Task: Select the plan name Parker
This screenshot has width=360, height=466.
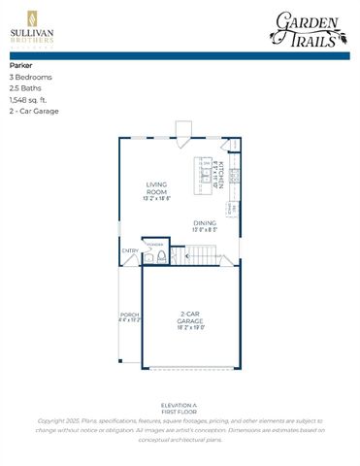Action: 20,66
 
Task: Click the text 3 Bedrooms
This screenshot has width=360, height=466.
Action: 31,77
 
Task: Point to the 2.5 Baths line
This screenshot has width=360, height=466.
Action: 25,88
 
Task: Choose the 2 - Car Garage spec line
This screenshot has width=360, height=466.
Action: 34,112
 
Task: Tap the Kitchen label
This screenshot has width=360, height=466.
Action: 221,176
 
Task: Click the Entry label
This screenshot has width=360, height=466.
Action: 129,250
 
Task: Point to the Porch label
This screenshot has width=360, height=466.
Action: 128,317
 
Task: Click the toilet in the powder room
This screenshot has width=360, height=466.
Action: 150,257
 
